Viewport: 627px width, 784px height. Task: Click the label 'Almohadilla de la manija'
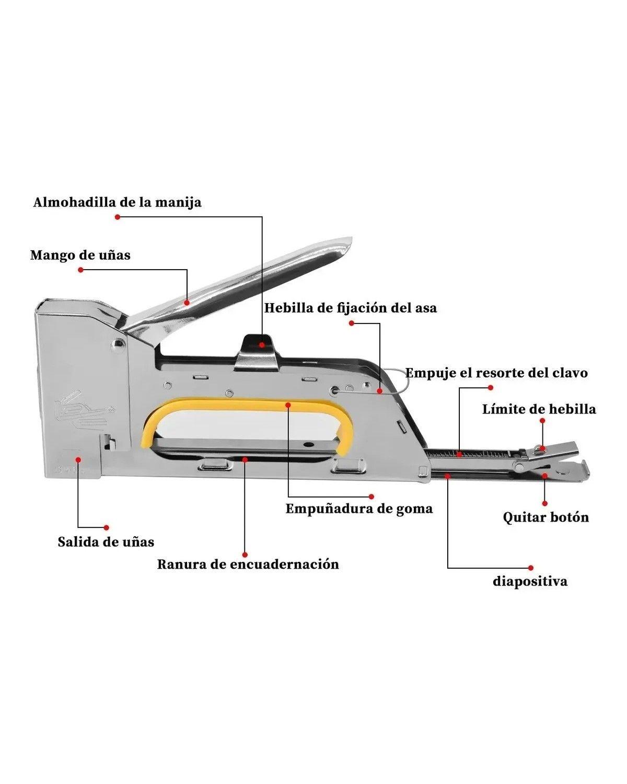pyautogui.click(x=117, y=202)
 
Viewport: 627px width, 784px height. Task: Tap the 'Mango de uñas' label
pyautogui.click(x=80, y=255)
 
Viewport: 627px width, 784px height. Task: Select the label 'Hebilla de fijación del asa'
pyautogui.click(x=350, y=308)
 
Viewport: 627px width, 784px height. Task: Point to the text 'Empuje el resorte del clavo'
pyautogui.click(x=496, y=373)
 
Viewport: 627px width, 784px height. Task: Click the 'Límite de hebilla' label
pyautogui.click(x=539, y=409)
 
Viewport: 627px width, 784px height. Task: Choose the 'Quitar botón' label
pyautogui.click(x=545, y=517)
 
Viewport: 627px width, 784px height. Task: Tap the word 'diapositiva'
pyautogui.click(x=530, y=581)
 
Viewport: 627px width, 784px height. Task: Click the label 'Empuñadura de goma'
pyautogui.click(x=359, y=509)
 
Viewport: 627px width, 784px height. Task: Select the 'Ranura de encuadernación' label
pyautogui.click(x=248, y=564)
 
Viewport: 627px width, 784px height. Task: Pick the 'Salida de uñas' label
pyautogui.click(x=106, y=541)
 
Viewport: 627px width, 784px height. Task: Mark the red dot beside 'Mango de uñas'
pyautogui.click(x=80, y=270)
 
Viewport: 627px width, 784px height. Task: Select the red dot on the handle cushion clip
pyautogui.click(x=262, y=344)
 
